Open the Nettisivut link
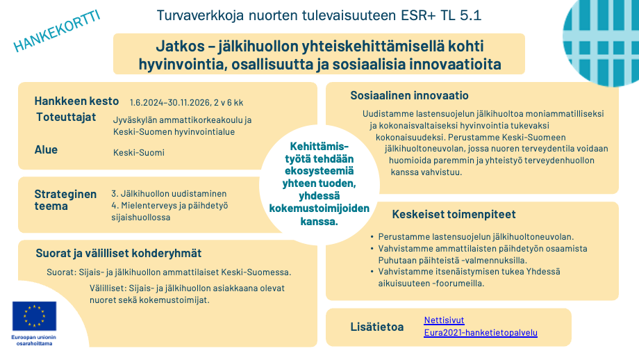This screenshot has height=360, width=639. [x=444, y=320]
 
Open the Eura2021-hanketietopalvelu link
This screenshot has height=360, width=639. [x=481, y=333]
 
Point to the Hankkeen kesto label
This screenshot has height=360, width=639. [x=76, y=101]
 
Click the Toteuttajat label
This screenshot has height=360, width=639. [x=66, y=117]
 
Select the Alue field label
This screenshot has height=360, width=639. [x=46, y=149]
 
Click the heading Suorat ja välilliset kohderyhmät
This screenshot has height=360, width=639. [x=118, y=253]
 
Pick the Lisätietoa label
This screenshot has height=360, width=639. [x=377, y=327]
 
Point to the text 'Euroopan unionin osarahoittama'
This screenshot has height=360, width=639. [x=34, y=341]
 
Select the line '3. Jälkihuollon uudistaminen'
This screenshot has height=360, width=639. [x=169, y=193]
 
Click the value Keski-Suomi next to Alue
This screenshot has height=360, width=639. [x=139, y=152]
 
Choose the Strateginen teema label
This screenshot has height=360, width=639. [x=65, y=200]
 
